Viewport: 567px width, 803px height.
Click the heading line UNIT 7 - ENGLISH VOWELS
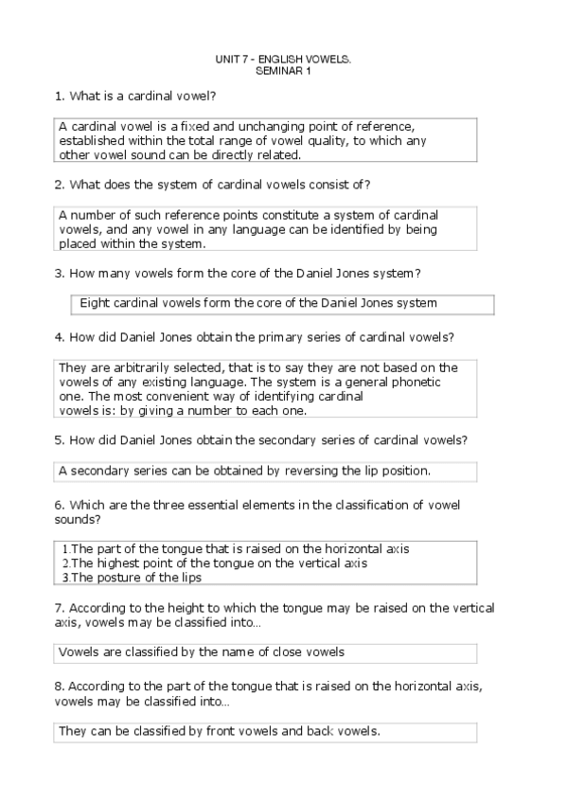click(x=283, y=60)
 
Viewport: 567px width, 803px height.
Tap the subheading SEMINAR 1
click(x=283, y=71)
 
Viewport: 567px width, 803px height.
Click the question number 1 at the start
click(x=59, y=97)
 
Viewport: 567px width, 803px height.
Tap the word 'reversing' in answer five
click(x=292, y=470)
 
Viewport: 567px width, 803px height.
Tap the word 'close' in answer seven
click(x=288, y=651)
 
